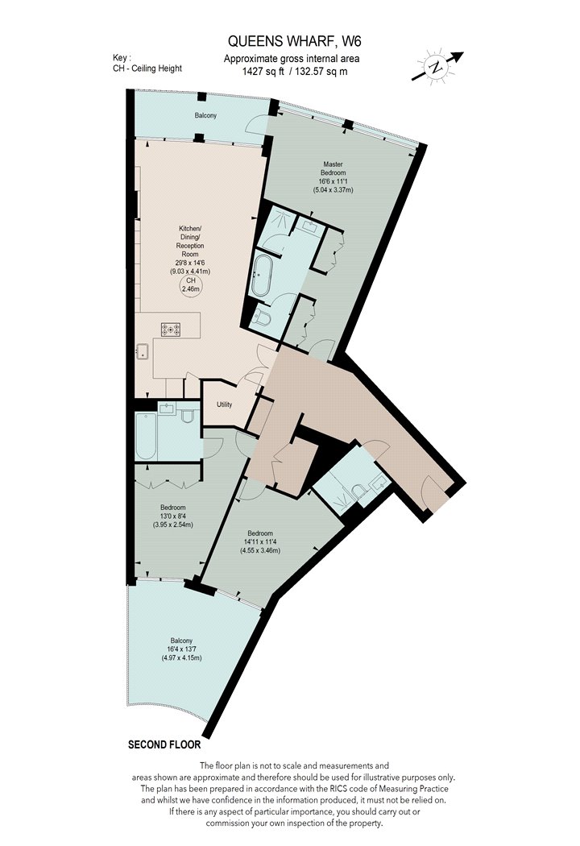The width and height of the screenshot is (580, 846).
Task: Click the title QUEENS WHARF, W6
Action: [x=291, y=41]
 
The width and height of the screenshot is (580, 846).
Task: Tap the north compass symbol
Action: [x=436, y=67]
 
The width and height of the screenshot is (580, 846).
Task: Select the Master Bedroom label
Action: [x=333, y=168]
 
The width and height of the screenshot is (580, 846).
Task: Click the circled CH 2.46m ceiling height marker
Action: [x=190, y=285]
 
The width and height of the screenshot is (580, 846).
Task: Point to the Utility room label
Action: [x=225, y=404]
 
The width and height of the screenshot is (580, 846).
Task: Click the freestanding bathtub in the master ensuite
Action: [x=263, y=276]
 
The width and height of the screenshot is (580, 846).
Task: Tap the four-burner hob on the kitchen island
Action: [x=171, y=329]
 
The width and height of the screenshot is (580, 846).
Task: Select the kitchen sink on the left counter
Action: [x=143, y=351]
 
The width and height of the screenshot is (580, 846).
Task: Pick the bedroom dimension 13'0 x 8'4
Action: [x=172, y=516]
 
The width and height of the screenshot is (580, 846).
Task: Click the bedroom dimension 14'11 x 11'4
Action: [x=260, y=542]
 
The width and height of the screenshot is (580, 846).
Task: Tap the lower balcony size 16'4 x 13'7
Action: [x=180, y=649]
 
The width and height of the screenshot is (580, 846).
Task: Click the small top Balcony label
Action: [x=205, y=115]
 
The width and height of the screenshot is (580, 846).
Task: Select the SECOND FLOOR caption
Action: [x=164, y=745]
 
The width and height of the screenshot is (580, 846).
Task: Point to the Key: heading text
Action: [x=122, y=58]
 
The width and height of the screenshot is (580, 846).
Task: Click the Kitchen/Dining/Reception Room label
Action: [x=190, y=241]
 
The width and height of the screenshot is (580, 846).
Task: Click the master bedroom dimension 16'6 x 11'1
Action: [x=333, y=181]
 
